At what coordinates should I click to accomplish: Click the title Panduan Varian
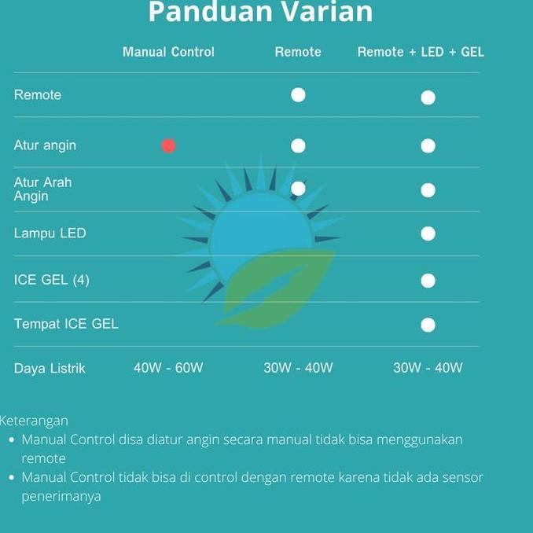point(260,13)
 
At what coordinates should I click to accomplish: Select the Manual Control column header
point(168,52)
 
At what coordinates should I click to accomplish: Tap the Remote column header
point(298,52)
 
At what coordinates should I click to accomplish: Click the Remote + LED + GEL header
point(421,52)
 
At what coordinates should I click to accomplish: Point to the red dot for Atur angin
point(168,145)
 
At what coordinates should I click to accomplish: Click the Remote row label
point(38,95)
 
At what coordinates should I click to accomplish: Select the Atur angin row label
point(45,145)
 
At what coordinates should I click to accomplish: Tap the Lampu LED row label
point(50,233)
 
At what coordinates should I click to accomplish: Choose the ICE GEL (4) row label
point(52,280)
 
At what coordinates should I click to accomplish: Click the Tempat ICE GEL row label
point(66,324)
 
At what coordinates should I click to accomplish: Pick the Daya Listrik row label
point(50,368)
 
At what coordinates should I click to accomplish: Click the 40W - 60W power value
point(168,368)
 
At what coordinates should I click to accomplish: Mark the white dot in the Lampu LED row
point(428,233)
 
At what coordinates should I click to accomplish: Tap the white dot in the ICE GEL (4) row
point(428,281)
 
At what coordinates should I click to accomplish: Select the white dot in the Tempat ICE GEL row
point(428,325)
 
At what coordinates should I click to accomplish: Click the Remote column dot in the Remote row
point(298,95)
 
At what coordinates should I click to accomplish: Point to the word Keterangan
point(34,421)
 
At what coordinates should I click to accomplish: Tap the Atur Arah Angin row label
point(42,189)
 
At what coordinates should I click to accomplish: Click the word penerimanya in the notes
point(61,496)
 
